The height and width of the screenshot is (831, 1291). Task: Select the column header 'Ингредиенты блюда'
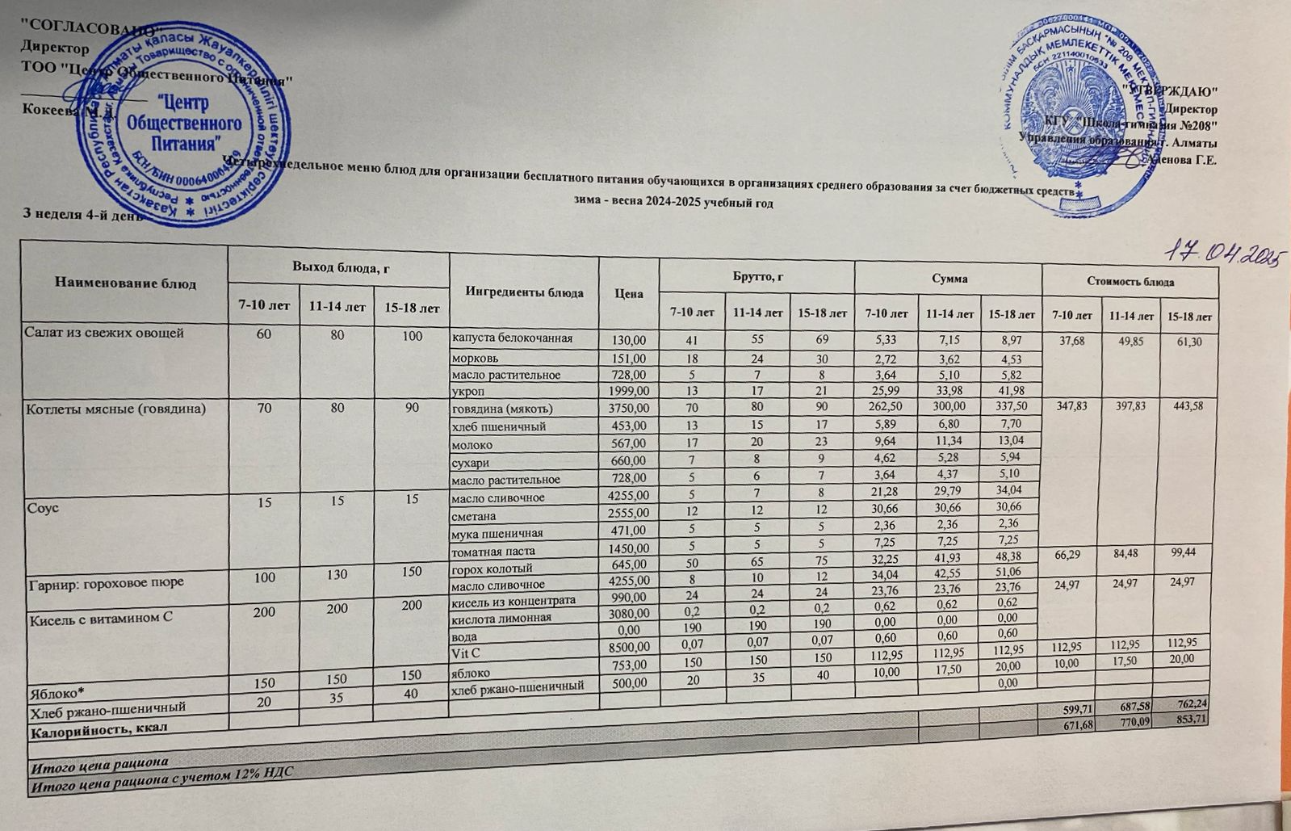(x=524, y=292)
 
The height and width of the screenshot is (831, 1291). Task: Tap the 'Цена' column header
(x=629, y=293)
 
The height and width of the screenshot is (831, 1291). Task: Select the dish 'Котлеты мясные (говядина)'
(x=116, y=409)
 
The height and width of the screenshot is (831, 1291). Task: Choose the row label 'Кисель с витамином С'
(x=93, y=619)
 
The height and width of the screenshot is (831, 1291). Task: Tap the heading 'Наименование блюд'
(x=125, y=283)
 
